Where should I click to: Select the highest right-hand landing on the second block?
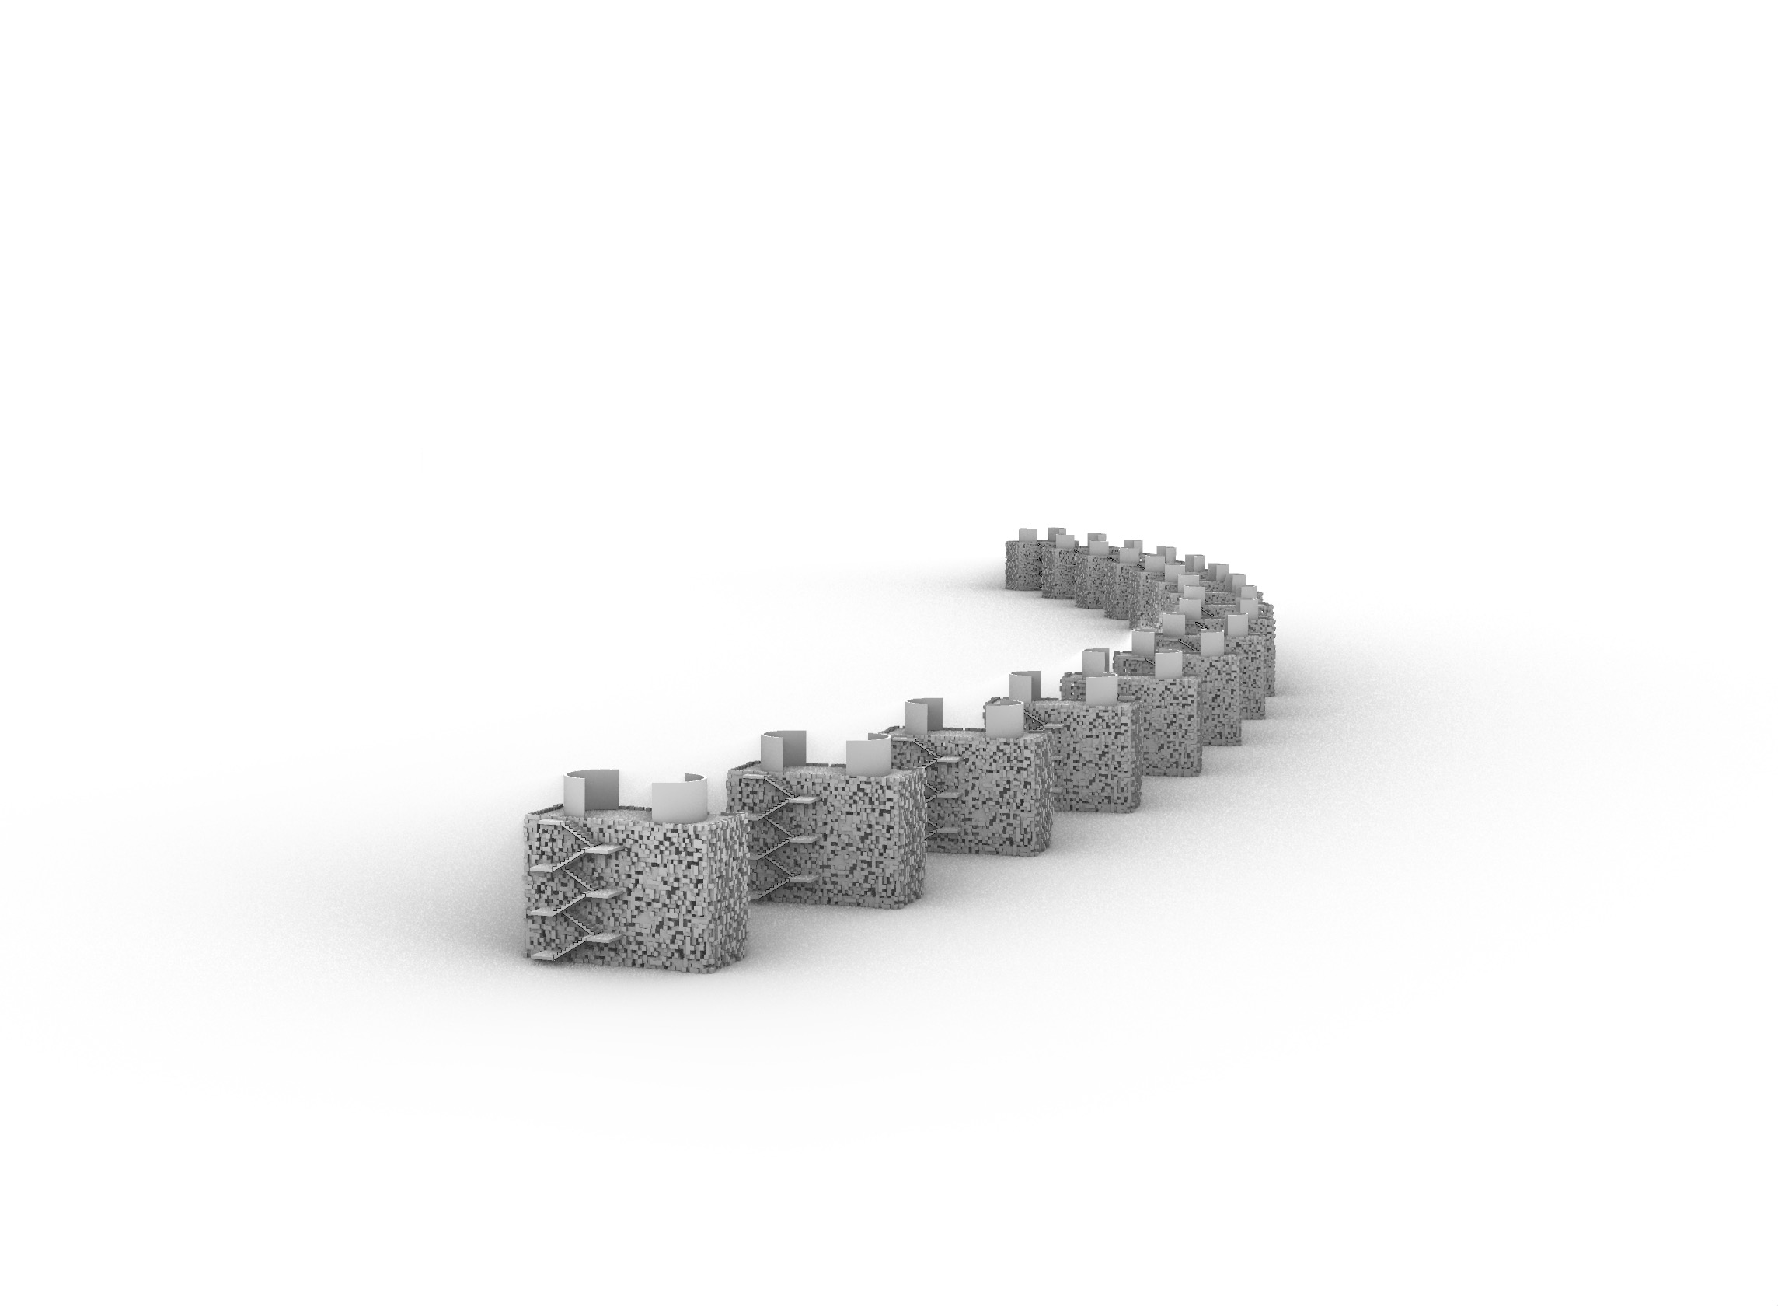[804, 799]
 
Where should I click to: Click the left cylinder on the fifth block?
[1096, 661]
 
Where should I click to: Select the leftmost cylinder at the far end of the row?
[1027, 535]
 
